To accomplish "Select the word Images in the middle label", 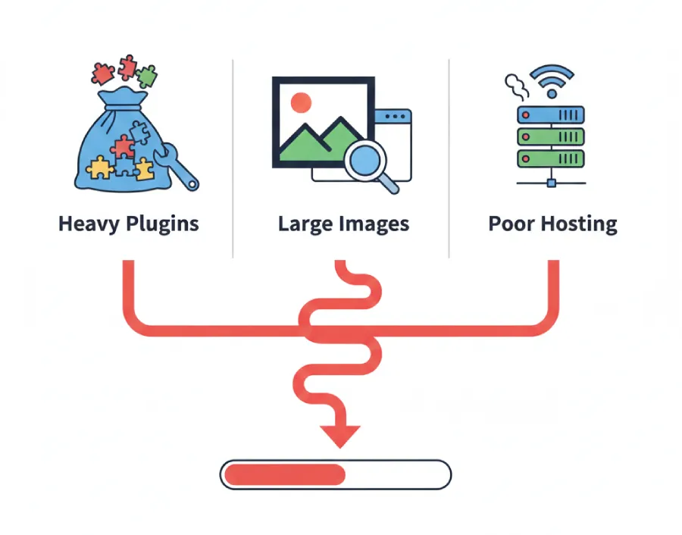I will tap(375, 224).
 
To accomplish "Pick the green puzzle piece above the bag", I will tap(146, 75).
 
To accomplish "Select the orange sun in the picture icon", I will tap(301, 102).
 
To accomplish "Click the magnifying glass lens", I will tap(364, 161).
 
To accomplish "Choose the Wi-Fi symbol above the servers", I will tap(552, 79).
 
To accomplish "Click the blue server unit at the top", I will tap(551, 114).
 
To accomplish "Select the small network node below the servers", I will tap(551, 183).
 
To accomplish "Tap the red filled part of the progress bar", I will tap(284, 475).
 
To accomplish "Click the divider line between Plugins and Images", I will tap(233, 159).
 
